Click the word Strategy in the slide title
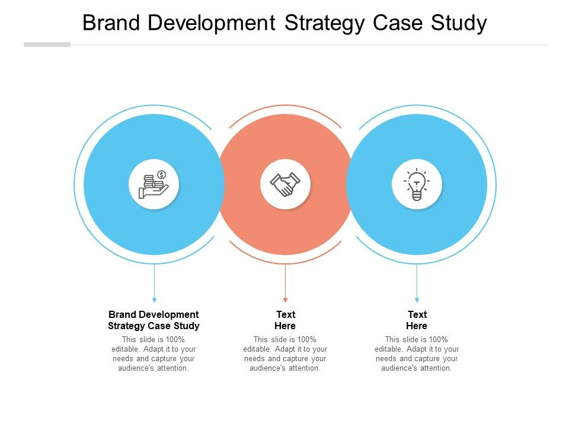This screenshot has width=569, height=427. click(x=325, y=24)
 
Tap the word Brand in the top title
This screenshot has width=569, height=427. click(x=111, y=23)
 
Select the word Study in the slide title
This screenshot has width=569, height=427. click(x=459, y=24)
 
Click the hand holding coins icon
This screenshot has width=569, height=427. click(x=154, y=184)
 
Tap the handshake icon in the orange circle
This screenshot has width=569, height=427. click(x=285, y=184)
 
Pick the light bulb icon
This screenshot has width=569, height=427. click(x=417, y=184)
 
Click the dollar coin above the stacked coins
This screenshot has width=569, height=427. click(x=161, y=174)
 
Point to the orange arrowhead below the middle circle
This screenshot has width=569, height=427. click(x=285, y=300)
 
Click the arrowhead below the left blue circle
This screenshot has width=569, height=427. click(x=154, y=300)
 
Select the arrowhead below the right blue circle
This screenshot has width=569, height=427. click(x=417, y=300)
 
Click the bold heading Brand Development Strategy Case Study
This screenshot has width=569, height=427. click(x=154, y=320)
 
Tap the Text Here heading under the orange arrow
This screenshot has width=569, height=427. click(x=285, y=320)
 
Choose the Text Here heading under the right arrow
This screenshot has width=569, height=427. click(x=417, y=320)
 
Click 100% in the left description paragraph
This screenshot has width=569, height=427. click(x=175, y=339)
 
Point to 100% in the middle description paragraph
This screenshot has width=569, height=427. click(x=306, y=339)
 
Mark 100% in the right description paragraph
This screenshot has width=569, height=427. click(x=439, y=339)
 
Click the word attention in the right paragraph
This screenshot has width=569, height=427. click(x=436, y=368)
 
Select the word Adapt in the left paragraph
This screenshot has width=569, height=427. click(x=154, y=349)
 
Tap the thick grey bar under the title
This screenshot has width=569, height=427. click(x=47, y=44)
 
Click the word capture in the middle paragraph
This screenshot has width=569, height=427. click(x=295, y=359)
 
